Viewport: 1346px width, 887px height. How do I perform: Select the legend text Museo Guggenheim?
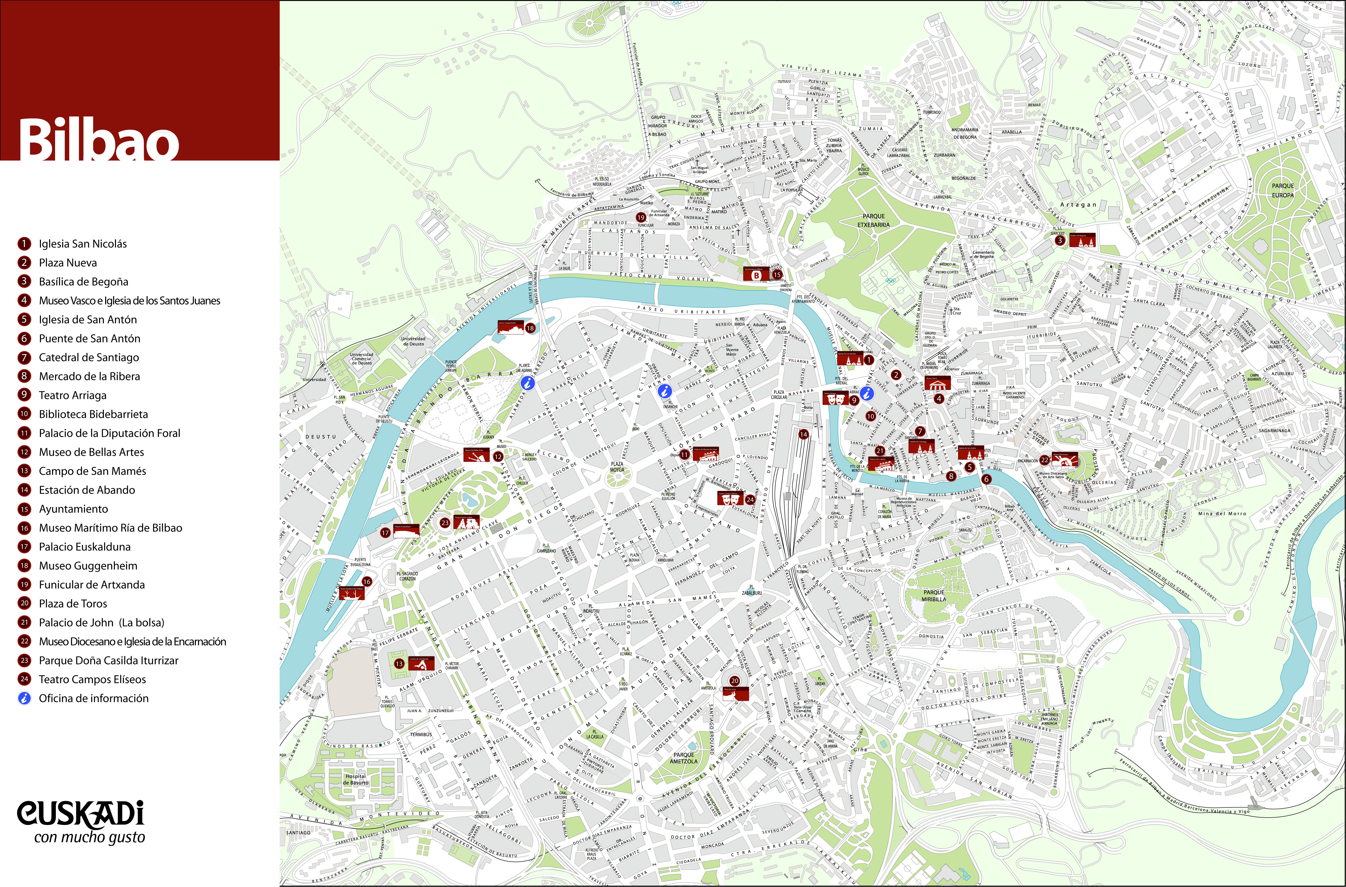[x=88, y=566]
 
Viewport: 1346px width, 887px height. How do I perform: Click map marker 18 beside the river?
[x=530, y=328]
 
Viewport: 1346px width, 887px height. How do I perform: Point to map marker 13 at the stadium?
[x=400, y=664]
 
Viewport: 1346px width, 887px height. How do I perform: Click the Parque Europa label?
[x=1283, y=190]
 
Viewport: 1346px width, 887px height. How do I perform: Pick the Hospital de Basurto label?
[x=356, y=780]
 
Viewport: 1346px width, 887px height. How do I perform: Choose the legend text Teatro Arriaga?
[x=73, y=395]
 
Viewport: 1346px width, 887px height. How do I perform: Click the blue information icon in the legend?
[x=24, y=698]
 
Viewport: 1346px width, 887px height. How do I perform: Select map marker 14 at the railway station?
[x=803, y=435]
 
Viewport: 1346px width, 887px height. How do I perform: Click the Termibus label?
[x=421, y=734]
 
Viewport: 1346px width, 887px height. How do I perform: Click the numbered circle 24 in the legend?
[x=24, y=679]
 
